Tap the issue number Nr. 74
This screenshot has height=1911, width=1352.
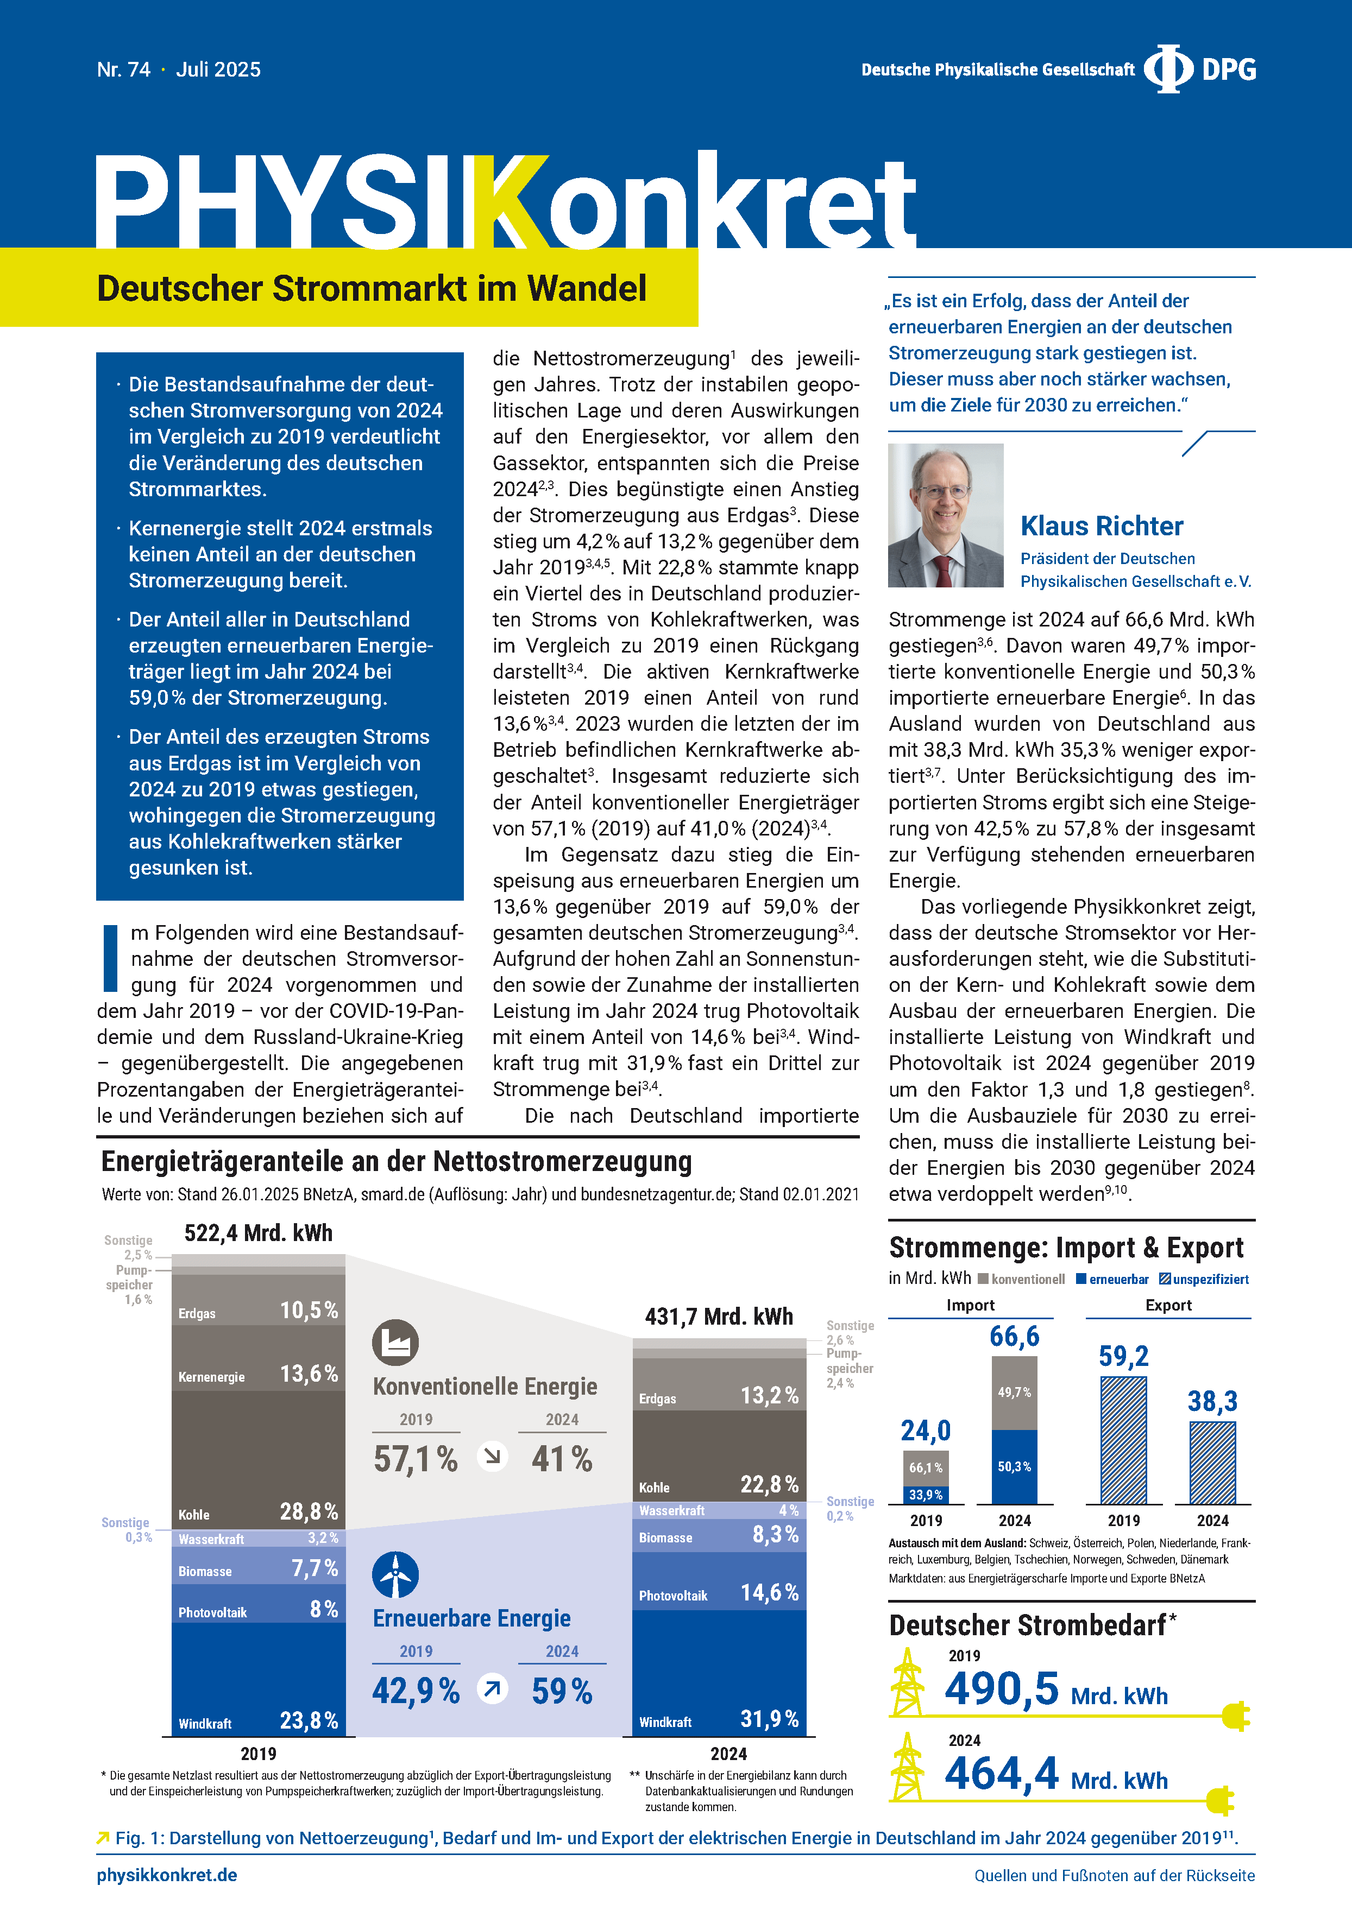tap(123, 70)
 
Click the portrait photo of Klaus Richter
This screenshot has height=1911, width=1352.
tap(945, 515)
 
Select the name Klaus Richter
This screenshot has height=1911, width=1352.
tap(1102, 526)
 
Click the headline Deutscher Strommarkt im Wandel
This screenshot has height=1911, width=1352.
tap(372, 289)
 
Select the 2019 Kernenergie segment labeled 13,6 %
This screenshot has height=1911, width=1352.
tap(258, 1374)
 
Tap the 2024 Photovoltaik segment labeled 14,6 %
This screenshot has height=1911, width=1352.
tap(719, 1592)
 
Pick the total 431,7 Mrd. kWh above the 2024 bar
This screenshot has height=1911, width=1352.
tap(719, 1317)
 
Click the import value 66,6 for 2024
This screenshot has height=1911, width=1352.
tap(1014, 1337)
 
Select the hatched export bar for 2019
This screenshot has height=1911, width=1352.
tap(1123, 1440)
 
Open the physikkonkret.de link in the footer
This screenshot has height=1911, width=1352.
tap(167, 1875)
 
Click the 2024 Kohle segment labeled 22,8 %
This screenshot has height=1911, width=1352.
tap(719, 1457)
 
